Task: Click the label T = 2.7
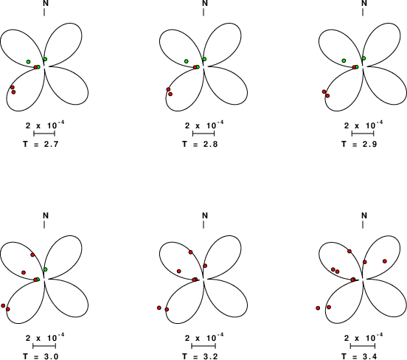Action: [x=41, y=144]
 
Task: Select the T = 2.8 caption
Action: [x=200, y=144]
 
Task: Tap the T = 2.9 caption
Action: [x=359, y=144]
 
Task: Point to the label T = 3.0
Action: [x=41, y=356]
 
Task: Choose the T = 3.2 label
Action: [x=200, y=356]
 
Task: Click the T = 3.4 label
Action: [x=359, y=356]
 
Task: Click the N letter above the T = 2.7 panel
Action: [x=46, y=3]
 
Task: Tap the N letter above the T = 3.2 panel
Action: [x=205, y=215]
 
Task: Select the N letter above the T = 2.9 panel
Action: [x=364, y=3]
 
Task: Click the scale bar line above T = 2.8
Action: [x=204, y=134]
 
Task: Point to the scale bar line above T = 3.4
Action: [x=363, y=346]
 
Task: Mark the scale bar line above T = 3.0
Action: [x=44, y=346]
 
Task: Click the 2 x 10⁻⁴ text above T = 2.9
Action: [x=363, y=125]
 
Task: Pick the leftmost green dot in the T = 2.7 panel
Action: [x=28, y=61]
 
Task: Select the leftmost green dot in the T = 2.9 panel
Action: [x=344, y=60]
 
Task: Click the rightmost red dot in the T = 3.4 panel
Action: [x=385, y=261]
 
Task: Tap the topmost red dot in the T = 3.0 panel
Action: [x=32, y=255]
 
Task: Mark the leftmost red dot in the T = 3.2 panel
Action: [x=159, y=308]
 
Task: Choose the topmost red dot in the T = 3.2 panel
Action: [x=190, y=252]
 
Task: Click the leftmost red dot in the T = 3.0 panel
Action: [x=3, y=305]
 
